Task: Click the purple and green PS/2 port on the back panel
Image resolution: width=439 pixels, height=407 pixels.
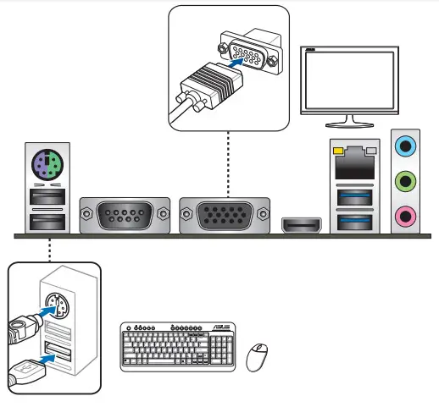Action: tap(46, 163)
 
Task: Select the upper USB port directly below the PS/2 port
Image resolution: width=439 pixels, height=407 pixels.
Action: tap(46, 198)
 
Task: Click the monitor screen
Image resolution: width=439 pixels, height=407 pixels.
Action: tap(349, 80)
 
